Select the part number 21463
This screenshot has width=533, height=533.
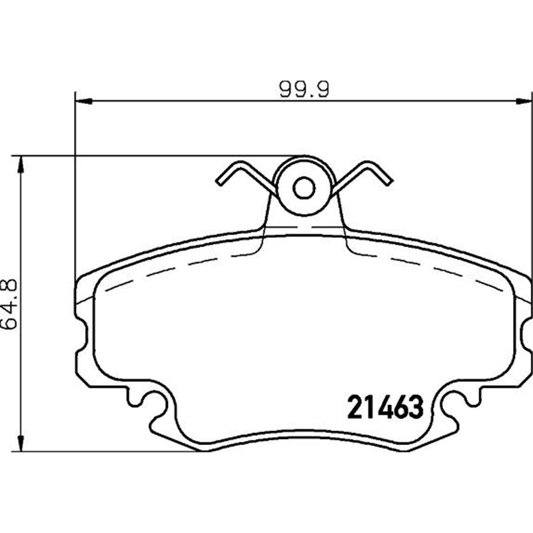384,405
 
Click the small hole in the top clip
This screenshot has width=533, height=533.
304,189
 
